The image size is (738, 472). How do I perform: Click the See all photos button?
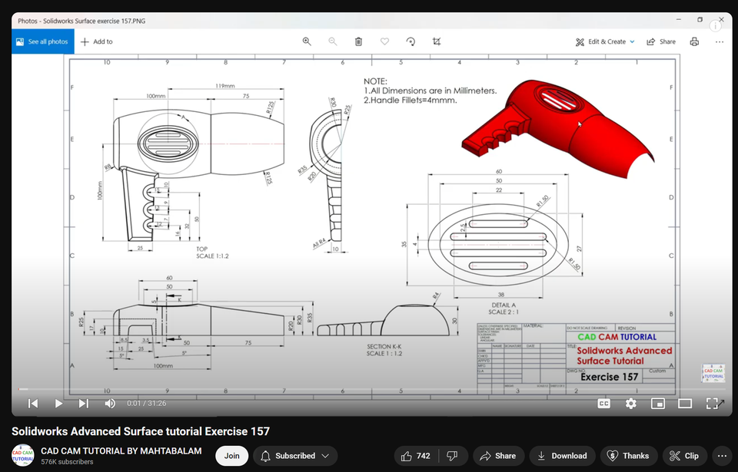[42, 41]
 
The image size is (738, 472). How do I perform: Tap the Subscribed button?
[295, 456]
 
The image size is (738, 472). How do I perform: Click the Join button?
[231, 456]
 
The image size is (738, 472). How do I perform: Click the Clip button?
[684, 456]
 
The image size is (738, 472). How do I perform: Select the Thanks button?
[629, 456]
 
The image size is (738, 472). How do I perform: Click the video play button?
[58, 403]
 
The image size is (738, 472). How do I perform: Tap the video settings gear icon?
[630, 403]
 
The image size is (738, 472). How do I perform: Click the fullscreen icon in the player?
[713, 403]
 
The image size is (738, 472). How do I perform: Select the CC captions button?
[604, 403]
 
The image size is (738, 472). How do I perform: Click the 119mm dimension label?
[225, 85]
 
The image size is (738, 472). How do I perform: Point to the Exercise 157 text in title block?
[609, 377]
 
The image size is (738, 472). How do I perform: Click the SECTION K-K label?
[384, 346]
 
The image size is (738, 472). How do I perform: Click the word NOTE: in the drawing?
[375, 81]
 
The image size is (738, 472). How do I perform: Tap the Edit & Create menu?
[606, 41]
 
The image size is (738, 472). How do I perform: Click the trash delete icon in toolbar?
[358, 41]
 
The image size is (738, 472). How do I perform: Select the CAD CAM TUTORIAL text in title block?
[617, 336]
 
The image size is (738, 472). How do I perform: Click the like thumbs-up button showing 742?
[415, 456]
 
